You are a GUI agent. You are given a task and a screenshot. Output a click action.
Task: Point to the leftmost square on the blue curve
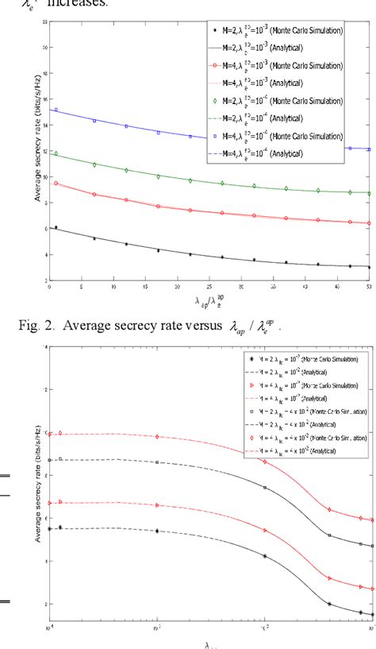click(56, 110)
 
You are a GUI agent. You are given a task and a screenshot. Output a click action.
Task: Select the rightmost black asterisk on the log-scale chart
click(370, 613)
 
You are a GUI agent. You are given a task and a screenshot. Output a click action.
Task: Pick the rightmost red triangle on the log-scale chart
click(370, 589)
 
